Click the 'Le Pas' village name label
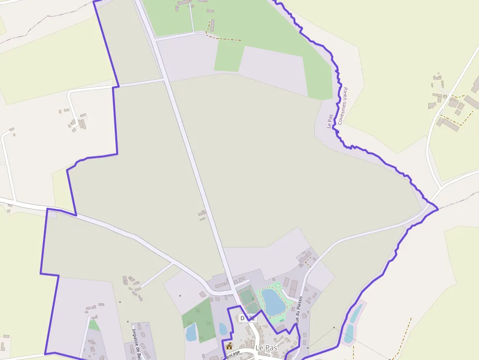pyautogui.click(x=266, y=348)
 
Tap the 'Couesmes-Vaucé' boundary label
pyautogui.click(x=343, y=106)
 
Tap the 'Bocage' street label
pyautogui.click(x=233, y=354)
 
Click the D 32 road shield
pyautogui.click(x=247, y=318)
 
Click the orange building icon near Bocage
pyautogui.click(x=229, y=346)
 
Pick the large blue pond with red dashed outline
pyautogui.click(x=273, y=301)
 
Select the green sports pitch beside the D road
pyautogui.click(x=247, y=298)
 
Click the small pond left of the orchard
pyautogui.click(x=191, y=333)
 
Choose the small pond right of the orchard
pyautogui.click(x=223, y=329)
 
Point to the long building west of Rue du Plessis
pyautogui.click(x=286, y=282)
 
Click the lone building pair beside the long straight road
pyautogui.click(x=202, y=215)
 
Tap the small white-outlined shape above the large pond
pyautogui.click(x=278, y=285)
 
